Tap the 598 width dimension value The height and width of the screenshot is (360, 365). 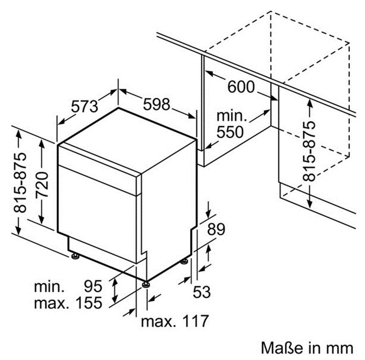156,104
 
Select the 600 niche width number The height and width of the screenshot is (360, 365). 241,87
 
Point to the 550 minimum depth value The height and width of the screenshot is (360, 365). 230,132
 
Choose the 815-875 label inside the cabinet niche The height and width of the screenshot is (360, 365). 310,152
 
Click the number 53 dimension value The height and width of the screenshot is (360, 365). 202,292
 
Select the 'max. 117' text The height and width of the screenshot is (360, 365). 175,321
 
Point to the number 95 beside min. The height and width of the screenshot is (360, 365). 93,287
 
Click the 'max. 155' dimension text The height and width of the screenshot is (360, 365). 68,302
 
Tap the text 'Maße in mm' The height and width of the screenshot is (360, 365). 307,348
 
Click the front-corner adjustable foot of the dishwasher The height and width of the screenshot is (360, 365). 146,284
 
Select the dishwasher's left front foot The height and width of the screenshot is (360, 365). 75,256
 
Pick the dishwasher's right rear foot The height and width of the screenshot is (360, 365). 184,261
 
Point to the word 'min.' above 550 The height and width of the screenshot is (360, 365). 231,115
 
